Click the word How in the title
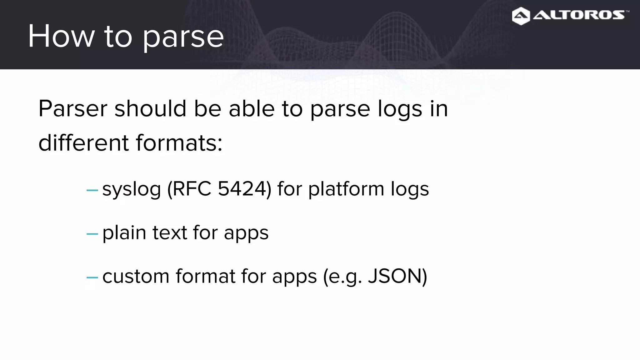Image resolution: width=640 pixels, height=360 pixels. [x=61, y=36]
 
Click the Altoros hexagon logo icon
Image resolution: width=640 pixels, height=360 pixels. [x=521, y=16]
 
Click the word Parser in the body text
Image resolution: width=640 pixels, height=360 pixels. [x=73, y=109]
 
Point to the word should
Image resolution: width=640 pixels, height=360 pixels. [x=150, y=109]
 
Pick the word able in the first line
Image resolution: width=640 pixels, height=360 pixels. [x=252, y=109]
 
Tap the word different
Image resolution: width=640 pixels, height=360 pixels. [x=83, y=143]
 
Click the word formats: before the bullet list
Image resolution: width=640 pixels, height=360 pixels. [x=179, y=143]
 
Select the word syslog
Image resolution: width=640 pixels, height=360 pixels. [x=132, y=189]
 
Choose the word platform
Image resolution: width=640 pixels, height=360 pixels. [x=346, y=189]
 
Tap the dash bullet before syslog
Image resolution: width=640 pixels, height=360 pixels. [x=92, y=190]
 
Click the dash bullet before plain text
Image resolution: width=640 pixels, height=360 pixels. [x=92, y=234]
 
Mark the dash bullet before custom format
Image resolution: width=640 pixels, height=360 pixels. [x=92, y=277]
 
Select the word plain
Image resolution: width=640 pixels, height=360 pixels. [x=124, y=233]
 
